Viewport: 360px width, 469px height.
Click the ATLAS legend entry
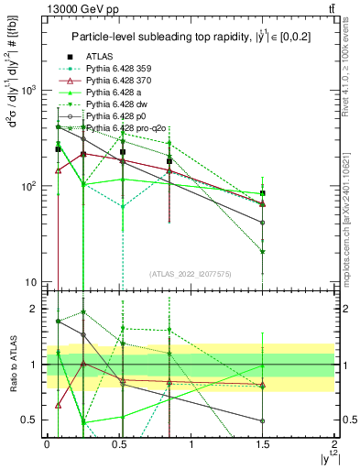point(96,57)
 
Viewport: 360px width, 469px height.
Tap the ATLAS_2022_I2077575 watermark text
point(189,274)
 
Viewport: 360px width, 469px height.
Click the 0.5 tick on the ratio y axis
point(34,420)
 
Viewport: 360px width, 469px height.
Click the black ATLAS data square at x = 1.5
point(263,193)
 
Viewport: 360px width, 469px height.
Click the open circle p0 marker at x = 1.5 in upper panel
point(263,223)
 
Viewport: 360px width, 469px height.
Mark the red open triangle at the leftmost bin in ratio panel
point(59,404)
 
